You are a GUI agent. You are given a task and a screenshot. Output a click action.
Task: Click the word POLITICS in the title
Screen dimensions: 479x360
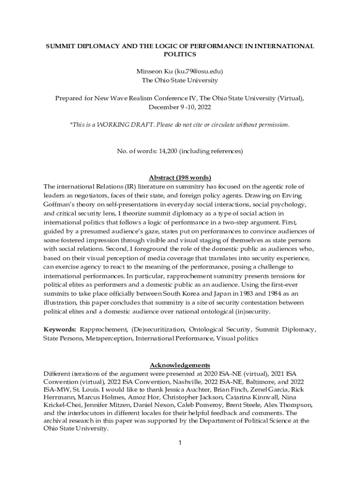pyautogui.click(x=180, y=55)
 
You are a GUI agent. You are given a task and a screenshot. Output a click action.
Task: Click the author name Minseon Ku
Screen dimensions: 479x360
pyautogui.click(x=154, y=72)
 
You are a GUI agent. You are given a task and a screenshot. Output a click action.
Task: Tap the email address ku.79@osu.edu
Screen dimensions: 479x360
pyautogui.click(x=198, y=72)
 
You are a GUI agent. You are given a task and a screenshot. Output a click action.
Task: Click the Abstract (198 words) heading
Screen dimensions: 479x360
pyautogui.click(x=180, y=178)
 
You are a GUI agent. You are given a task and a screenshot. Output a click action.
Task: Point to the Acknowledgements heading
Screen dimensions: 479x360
pyautogui.click(x=180, y=365)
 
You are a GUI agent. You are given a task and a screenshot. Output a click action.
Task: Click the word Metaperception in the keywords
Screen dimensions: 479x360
pyautogui.click(x=109, y=338)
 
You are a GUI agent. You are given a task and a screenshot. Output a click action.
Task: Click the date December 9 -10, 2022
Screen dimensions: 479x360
pyautogui.click(x=180, y=107)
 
